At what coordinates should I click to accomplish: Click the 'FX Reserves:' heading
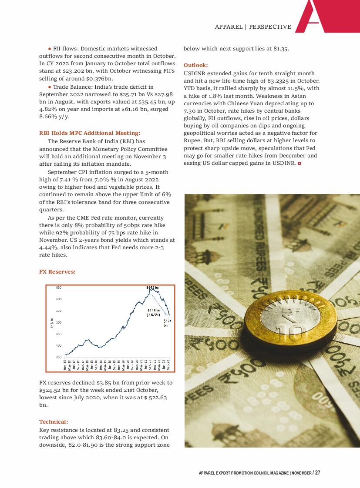[57, 272]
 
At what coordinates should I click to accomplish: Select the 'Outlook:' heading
[195, 65]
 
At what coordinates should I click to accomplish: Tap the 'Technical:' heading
[54, 421]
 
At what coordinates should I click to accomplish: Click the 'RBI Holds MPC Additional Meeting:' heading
[90, 133]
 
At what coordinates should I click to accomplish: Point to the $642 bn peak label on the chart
[152, 287]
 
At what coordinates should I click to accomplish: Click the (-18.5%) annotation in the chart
[153, 314]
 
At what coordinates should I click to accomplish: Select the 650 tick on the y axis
[59, 287]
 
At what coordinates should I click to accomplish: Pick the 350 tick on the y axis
[59, 357]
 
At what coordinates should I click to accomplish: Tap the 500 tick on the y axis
[59, 322]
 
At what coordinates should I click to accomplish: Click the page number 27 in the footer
[318, 473]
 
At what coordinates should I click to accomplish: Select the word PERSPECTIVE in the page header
[270, 27]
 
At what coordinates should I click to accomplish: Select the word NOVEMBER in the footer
[301, 473]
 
